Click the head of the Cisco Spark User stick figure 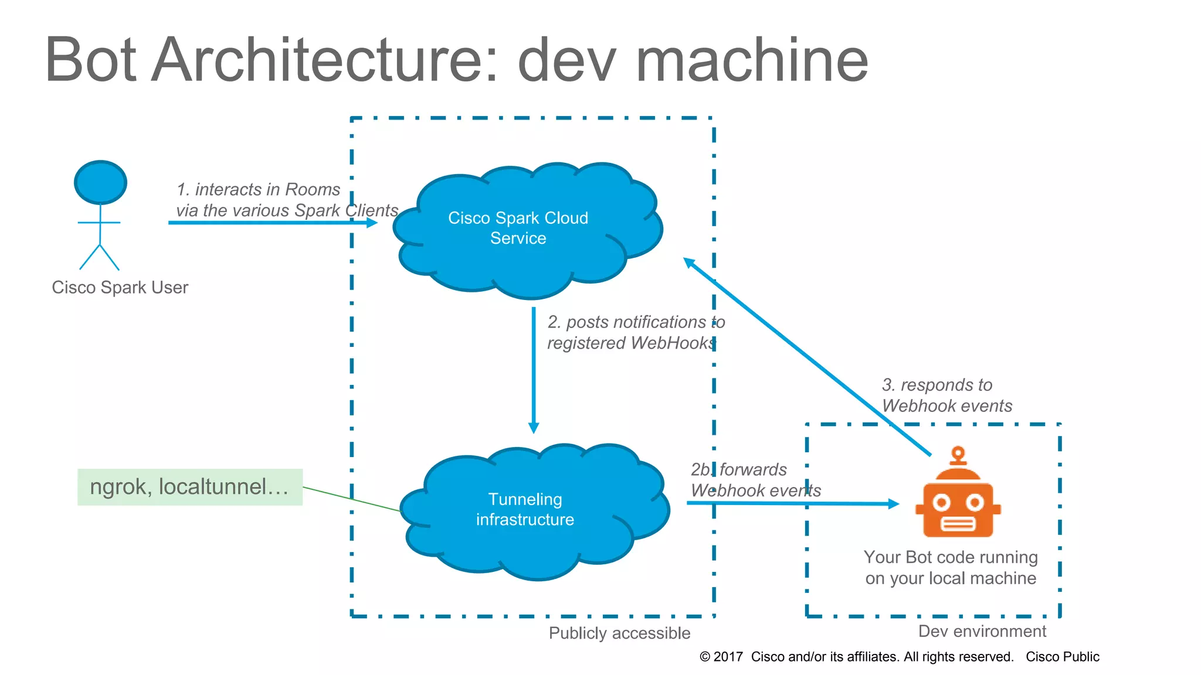pyautogui.click(x=100, y=182)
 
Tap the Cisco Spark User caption pyautogui.click(x=120, y=287)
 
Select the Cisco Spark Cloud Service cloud pyautogui.click(x=518, y=229)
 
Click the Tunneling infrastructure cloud pyautogui.click(x=525, y=510)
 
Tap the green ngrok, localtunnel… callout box pyautogui.click(x=189, y=487)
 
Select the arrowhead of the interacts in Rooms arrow pyautogui.click(x=372, y=223)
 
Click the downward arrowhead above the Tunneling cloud pyautogui.click(x=534, y=428)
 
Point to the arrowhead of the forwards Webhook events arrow pyautogui.click(x=893, y=503)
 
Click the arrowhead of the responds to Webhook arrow pyautogui.click(x=689, y=262)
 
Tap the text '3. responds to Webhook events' pyautogui.click(x=946, y=395)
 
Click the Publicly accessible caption pyautogui.click(x=619, y=633)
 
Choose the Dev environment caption pyautogui.click(x=982, y=631)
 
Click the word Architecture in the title pyautogui.click(x=324, y=60)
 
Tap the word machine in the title pyautogui.click(x=751, y=60)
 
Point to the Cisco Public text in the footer pyautogui.click(x=1062, y=657)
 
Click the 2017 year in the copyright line pyautogui.click(x=728, y=657)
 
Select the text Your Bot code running pyautogui.click(x=950, y=557)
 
